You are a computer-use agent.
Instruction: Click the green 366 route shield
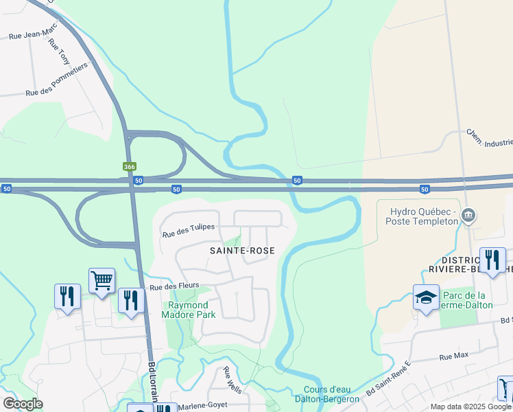tap(129, 167)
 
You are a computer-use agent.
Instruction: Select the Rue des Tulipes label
tap(188, 231)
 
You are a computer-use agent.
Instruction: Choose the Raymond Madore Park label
tap(189, 310)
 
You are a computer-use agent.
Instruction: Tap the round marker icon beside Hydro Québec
tap(469, 216)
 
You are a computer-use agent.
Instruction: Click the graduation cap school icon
tap(426, 297)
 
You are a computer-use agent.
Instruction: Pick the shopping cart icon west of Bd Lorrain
tap(102, 280)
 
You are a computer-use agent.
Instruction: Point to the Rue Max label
tap(453, 357)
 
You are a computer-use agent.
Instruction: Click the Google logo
tap(23, 403)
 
